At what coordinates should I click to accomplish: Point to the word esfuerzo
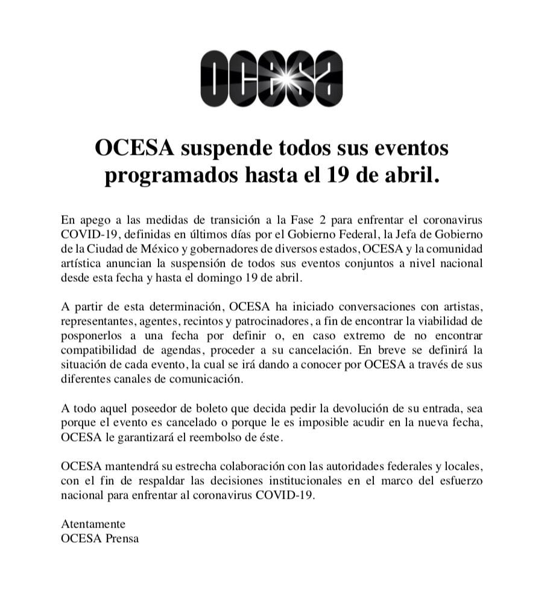click(x=463, y=483)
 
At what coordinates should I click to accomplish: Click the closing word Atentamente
click(x=93, y=525)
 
